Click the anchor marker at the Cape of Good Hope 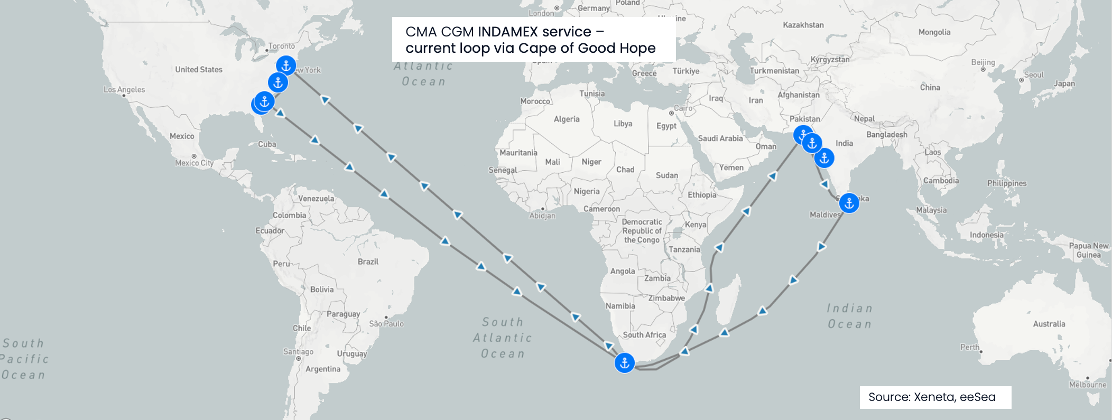point(624,363)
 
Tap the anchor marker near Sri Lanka point(849,203)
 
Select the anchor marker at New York point(286,66)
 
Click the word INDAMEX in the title point(508,32)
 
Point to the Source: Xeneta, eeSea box point(935,397)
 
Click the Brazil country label point(368,262)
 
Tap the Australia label point(1049,324)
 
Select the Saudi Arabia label point(720,138)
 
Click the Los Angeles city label point(124,90)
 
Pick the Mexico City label point(194,163)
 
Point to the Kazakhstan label point(803,25)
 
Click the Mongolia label point(934,32)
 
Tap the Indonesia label point(986,235)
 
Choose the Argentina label point(322,369)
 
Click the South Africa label point(644,335)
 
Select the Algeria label point(566,119)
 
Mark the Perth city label point(969,347)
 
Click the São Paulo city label point(386,324)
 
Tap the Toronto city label point(281,46)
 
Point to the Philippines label point(1006,183)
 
